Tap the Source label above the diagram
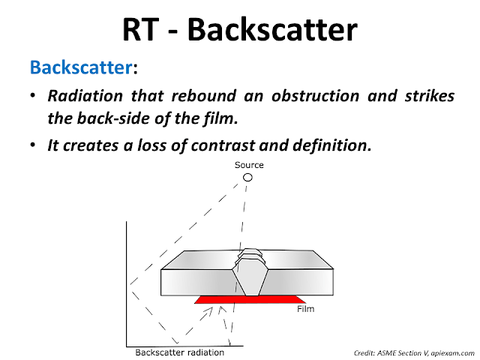coord(249,165)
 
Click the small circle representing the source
coord(247,178)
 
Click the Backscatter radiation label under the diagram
coord(179,352)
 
